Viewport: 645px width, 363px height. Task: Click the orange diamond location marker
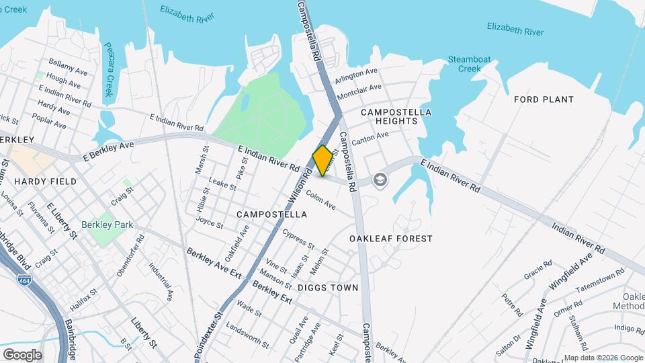[322, 161]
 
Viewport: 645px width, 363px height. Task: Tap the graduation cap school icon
[380, 179]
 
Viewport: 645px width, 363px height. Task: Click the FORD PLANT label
[544, 99]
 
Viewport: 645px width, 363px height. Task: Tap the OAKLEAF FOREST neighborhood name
[391, 239]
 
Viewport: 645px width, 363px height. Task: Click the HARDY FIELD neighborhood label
[38, 182]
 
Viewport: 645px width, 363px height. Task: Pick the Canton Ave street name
[370, 139]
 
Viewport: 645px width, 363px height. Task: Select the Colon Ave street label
[320, 200]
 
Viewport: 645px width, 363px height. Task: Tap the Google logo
[22, 354]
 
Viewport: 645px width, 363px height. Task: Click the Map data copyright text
[603, 358]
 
